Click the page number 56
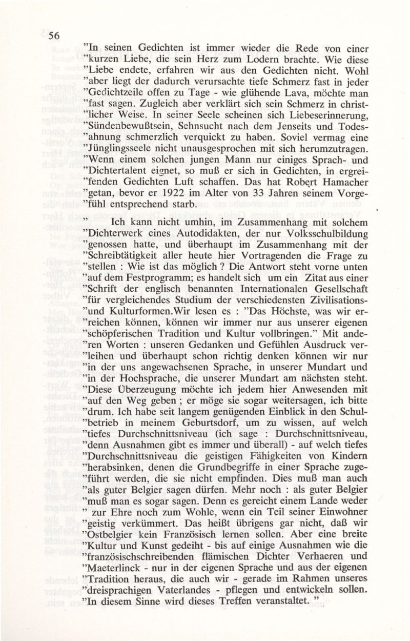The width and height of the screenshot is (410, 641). [x=54, y=36]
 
